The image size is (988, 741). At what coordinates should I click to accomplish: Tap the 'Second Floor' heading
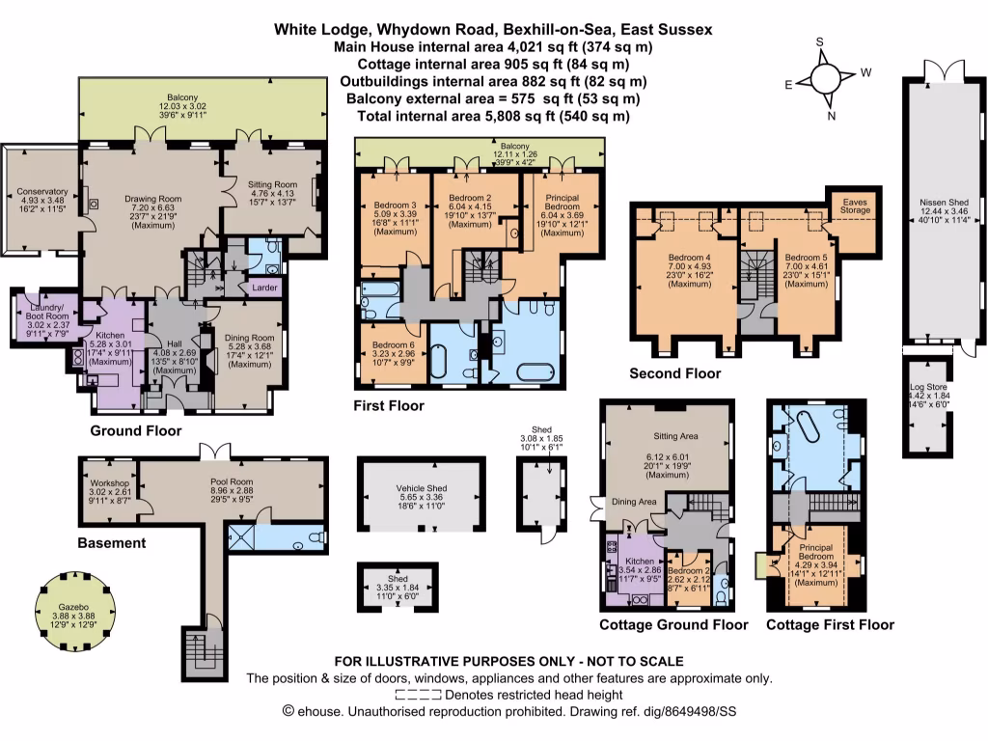674,373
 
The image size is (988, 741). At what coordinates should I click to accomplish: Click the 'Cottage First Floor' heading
830,624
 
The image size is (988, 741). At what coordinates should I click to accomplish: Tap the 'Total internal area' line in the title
493,116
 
